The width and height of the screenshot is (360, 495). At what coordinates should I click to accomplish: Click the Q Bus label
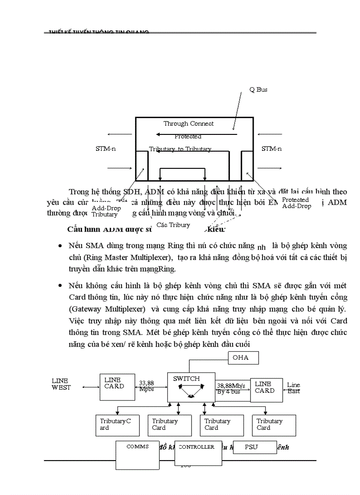tap(258, 89)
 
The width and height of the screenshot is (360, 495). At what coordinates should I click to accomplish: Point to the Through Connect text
tap(188, 124)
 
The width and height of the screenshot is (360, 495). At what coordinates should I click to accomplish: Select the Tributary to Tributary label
tap(180, 149)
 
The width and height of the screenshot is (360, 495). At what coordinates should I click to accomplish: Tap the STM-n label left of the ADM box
tap(105, 149)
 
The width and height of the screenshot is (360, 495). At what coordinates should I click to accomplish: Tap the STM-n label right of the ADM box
tap(271, 149)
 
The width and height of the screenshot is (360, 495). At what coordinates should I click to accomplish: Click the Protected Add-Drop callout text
tap(296, 203)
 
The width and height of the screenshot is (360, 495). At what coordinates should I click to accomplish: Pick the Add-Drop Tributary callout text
tap(106, 211)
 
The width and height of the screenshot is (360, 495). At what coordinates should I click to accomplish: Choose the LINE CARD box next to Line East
tap(266, 390)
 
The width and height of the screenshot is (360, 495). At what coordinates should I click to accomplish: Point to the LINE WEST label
tap(60, 384)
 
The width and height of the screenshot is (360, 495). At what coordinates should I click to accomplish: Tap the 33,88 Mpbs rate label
tap(146, 386)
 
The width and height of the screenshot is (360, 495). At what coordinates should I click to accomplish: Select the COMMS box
tap(137, 454)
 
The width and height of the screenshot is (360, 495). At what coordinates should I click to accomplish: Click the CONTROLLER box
tap(198, 452)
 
